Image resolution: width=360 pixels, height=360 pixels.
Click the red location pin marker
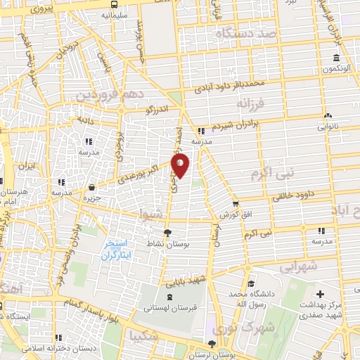(181, 165)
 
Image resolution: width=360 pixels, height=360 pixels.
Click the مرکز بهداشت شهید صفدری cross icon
(320, 293)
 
